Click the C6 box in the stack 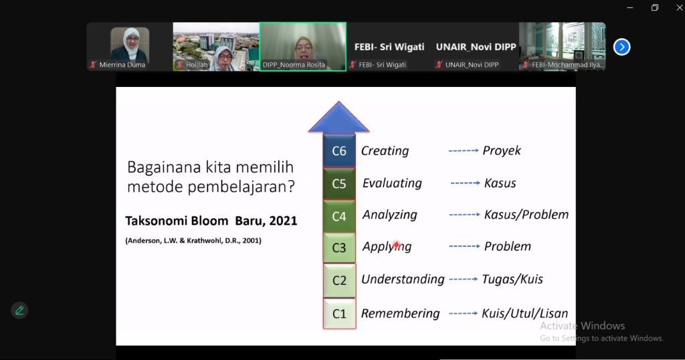coord(339,151)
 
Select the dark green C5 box coord(339,183)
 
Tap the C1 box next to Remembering coord(339,313)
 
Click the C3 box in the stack coord(339,248)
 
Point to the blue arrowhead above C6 coord(339,117)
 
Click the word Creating coord(385,151)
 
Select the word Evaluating coord(392,183)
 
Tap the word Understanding coord(403,279)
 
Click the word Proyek coord(502,151)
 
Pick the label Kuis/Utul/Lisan coord(524,313)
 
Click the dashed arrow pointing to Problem coord(464,246)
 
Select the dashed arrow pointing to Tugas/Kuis coord(464,279)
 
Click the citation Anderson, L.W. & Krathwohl coord(193,241)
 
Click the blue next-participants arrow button coord(621,47)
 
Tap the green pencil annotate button coord(19,310)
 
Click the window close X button coord(680,7)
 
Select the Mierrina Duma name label coord(122,65)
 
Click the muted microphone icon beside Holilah coord(179,65)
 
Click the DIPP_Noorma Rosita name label coord(294,65)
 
